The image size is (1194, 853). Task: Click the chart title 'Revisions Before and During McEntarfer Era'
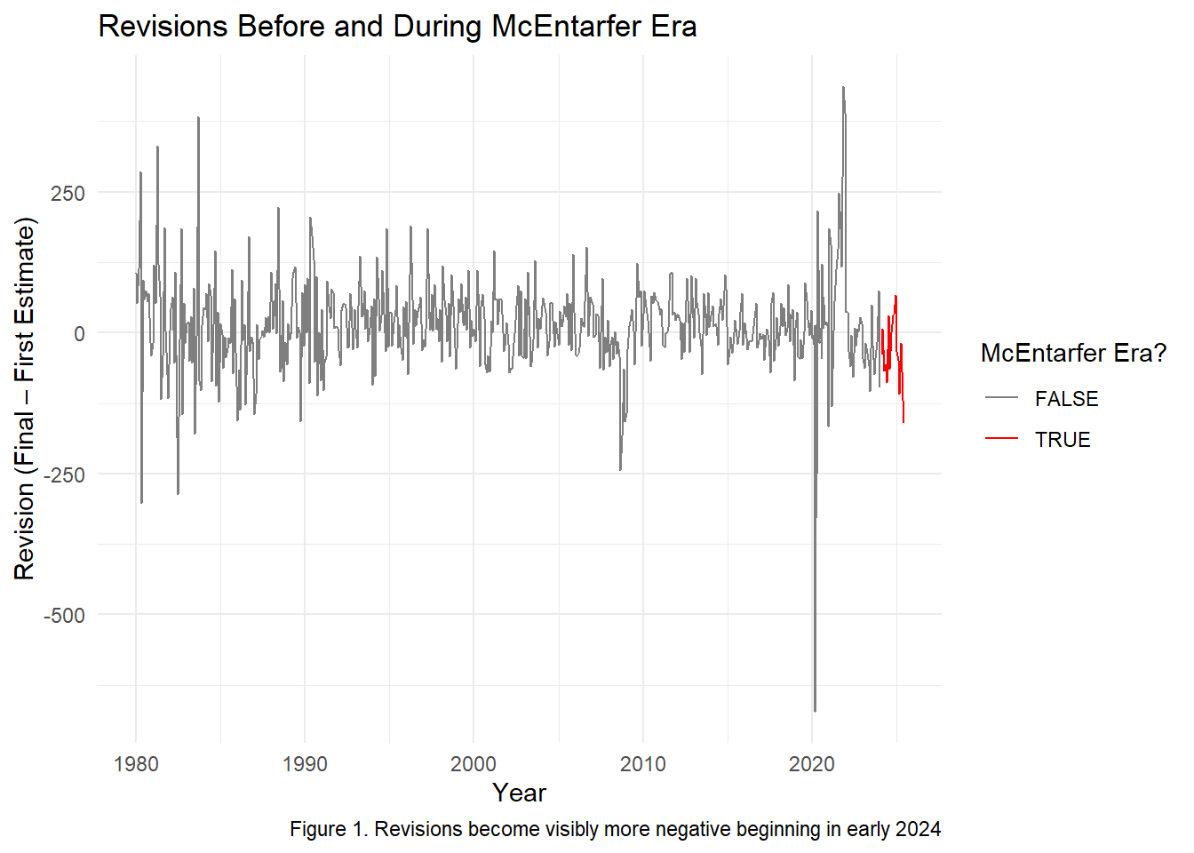click(397, 27)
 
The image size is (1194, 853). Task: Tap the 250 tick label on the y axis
click(68, 193)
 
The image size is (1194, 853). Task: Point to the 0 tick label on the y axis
click(79, 334)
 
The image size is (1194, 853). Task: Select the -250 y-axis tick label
click(64, 474)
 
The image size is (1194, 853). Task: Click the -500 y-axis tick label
click(64, 615)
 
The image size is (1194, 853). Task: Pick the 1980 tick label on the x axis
click(136, 764)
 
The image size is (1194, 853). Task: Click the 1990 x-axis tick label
click(305, 764)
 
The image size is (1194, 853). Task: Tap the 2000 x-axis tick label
click(474, 764)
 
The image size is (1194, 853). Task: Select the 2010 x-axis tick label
click(642, 764)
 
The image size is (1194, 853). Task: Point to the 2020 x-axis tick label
click(812, 764)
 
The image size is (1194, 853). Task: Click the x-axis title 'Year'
click(519, 793)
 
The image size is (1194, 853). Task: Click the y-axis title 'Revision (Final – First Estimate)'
click(25, 398)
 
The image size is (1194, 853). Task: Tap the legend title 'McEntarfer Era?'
click(1073, 354)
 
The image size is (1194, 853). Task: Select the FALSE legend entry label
click(1066, 399)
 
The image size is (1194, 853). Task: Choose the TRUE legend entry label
click(1063, 440)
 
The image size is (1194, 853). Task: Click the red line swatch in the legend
click(1001, 439)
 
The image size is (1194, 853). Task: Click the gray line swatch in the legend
click(1001, 399)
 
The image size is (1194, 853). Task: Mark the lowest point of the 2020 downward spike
click(815, 711)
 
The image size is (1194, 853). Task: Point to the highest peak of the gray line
click(843, 88)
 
